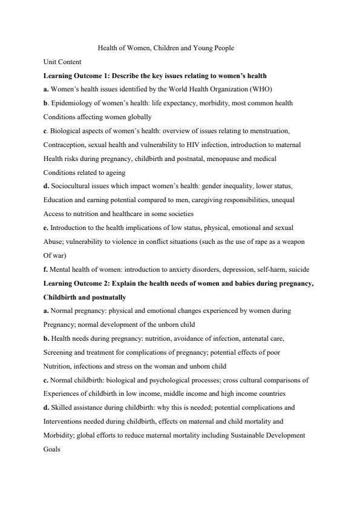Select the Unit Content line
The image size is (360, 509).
pyautogui.click(x=62, y=62)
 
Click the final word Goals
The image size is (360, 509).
pyautogui.click(x=51, y=448)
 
